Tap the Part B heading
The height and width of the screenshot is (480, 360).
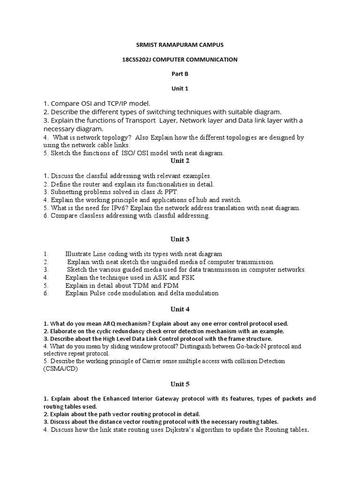(180, 74)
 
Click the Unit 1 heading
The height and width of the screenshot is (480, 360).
(180, 89)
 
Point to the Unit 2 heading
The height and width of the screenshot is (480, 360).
(180, 161)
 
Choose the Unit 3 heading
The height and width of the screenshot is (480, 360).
(180, 239)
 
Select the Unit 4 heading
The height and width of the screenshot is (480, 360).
(180, 309)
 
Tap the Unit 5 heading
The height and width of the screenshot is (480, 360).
(180, 384)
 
